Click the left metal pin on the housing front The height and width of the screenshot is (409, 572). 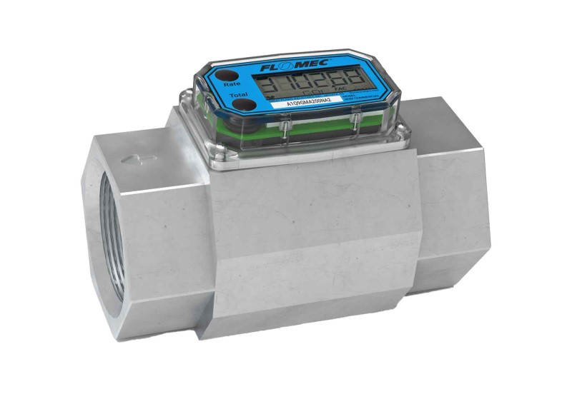pos(284,126)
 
